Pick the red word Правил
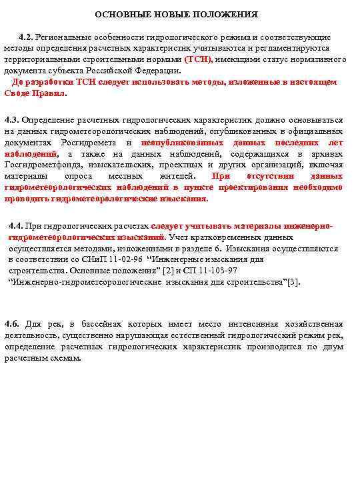(51, 94)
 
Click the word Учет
(179, 237)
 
